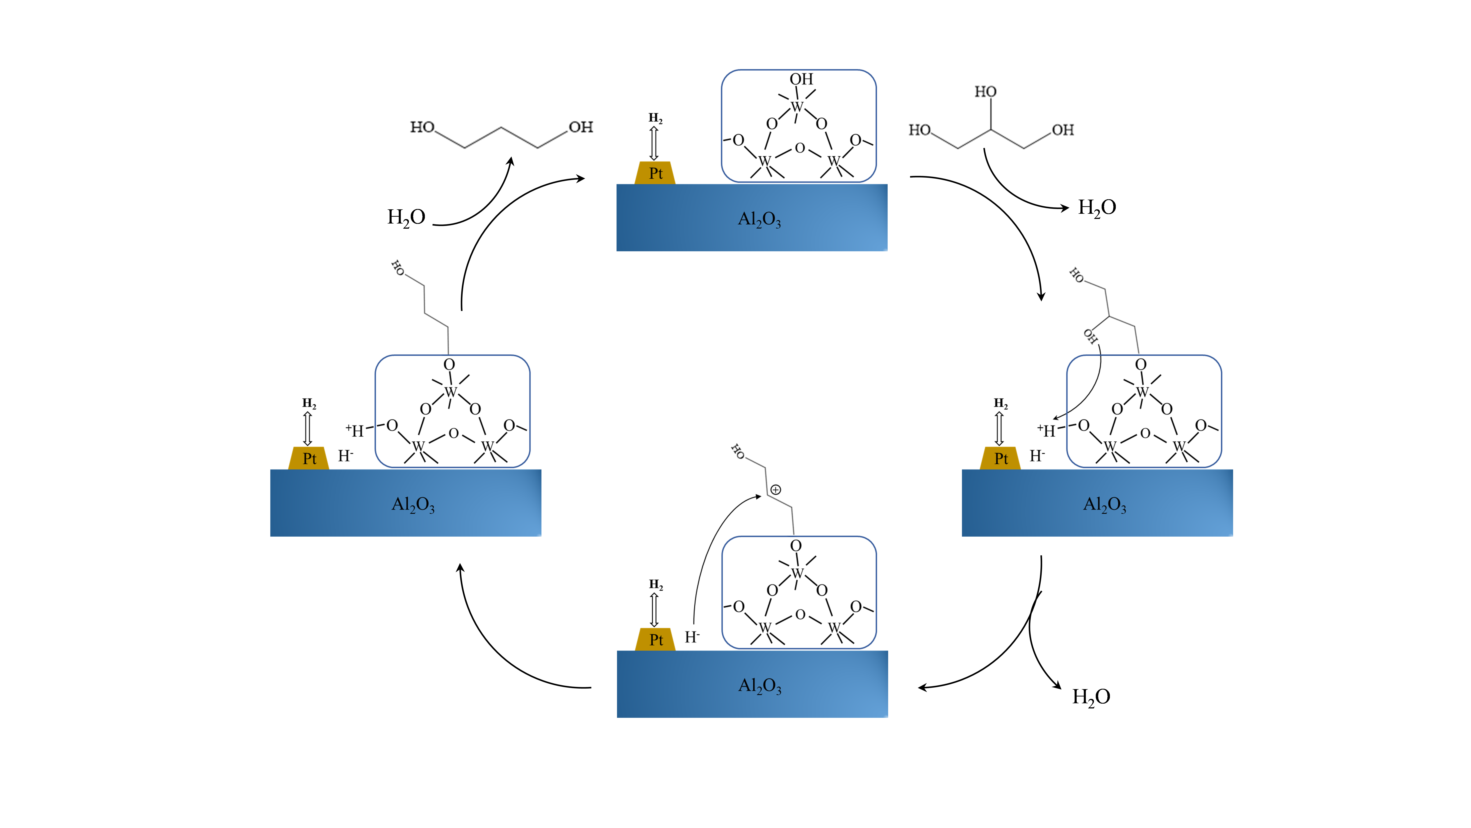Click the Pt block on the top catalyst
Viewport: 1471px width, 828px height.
pyautogui.click(x=655, y=173)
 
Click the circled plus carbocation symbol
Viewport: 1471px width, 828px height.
pyautogui.click(x=775, y=490)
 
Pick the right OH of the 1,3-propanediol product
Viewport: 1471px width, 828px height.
pyautogui.click(x=581, y=127)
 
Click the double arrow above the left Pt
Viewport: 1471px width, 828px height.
pyautogui.click(x=308, y=429)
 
